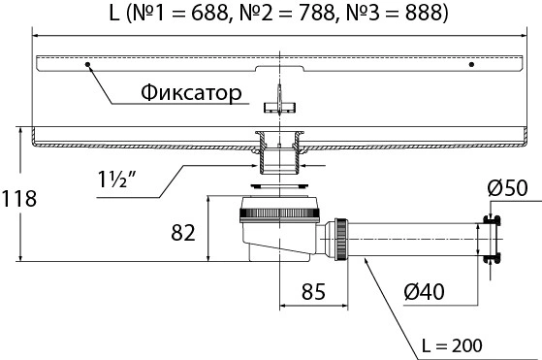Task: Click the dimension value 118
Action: click(19, 199)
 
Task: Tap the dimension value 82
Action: click(183, 232)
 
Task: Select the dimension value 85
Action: click(313, 291)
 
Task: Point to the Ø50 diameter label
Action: click(507, 188)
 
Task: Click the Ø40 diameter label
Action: click(424, 291)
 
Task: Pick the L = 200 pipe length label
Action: click(452, 345)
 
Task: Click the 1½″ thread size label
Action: click(116, 180)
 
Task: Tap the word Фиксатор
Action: click(191, 93)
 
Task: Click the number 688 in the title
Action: click(209, 13)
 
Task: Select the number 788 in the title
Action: click(317, 13)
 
